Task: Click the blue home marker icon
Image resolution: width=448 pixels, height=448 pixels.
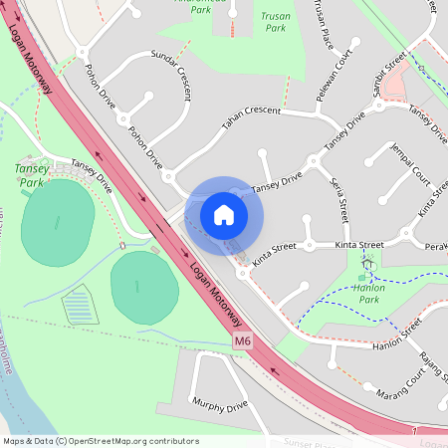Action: [224, 214]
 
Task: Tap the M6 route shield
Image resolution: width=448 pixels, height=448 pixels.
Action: [243, 341]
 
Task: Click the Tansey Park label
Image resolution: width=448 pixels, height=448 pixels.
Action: [32, 175]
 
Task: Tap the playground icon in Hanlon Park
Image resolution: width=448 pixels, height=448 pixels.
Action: [366, 265]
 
